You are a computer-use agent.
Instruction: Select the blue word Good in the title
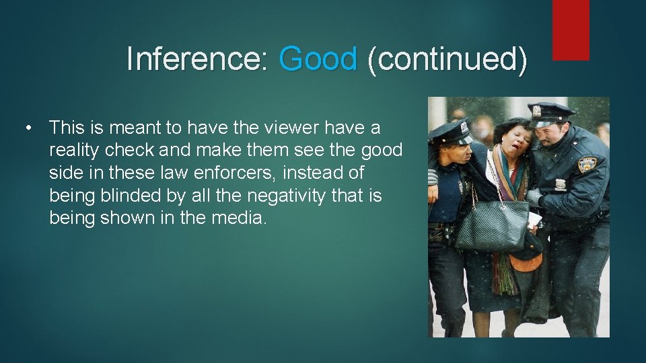click(318, 59)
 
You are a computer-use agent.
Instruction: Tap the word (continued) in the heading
click(447, 59)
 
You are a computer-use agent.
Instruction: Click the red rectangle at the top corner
click(571, 30)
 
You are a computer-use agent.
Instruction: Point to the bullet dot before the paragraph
click(28, 127)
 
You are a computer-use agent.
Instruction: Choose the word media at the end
click(237, 218)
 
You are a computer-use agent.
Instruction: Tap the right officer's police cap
click(550, 112)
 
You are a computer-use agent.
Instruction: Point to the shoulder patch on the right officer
click(587, 165)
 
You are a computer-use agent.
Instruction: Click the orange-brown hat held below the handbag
click(526, 261)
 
